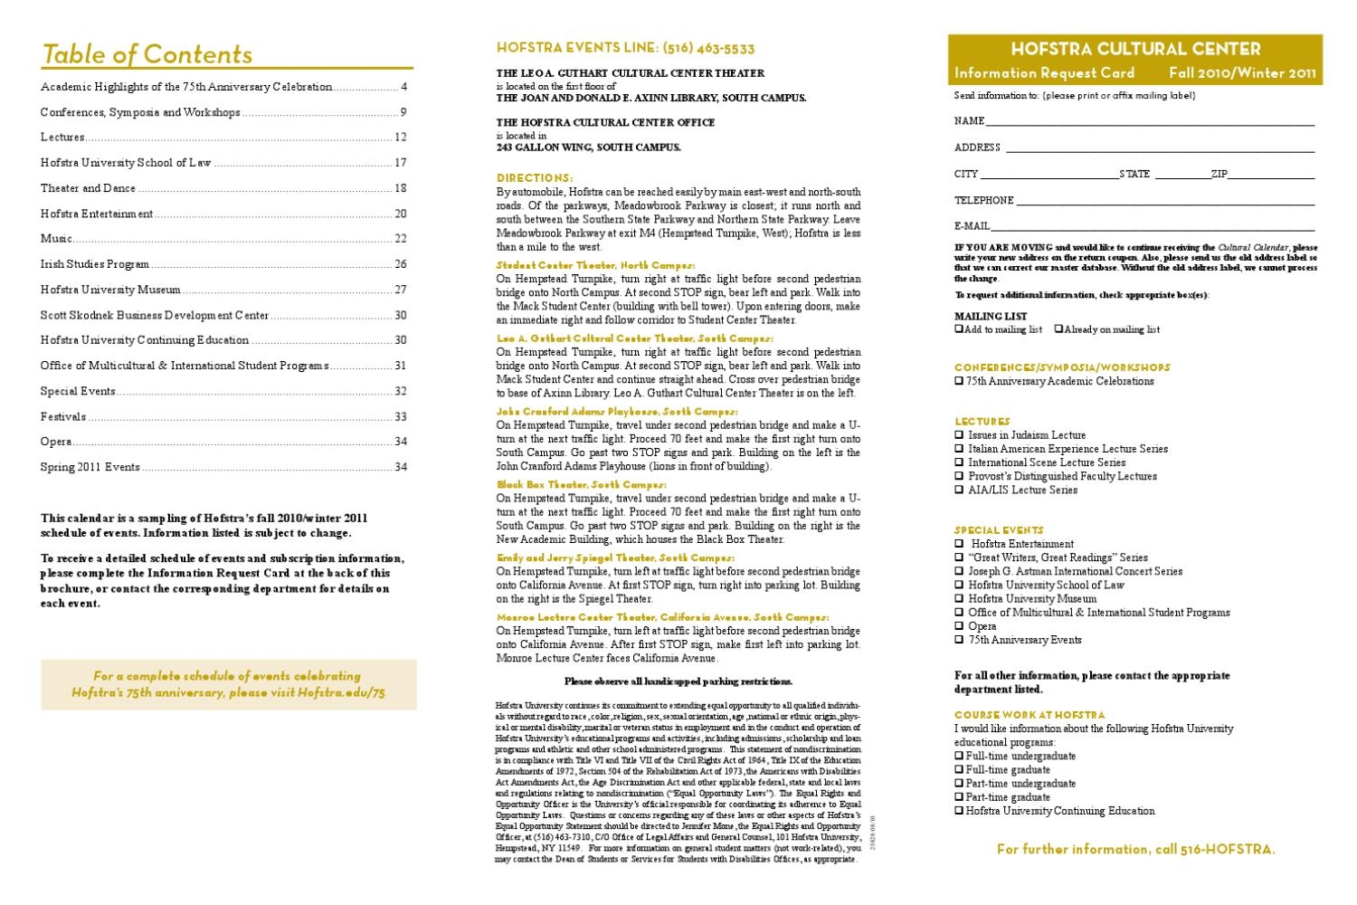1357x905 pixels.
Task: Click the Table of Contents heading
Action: pos(147,54)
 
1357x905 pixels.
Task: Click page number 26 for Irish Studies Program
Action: pos(401,264)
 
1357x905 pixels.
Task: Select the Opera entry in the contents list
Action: pos(56,442)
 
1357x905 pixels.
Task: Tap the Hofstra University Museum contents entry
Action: pos(110,290)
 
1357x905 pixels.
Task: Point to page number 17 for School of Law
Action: pos(401,163)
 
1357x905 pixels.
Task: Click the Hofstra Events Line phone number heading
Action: pos(625,48)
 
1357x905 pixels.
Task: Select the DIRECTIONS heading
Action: pos(535,178)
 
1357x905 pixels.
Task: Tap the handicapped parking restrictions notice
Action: pos(678,681)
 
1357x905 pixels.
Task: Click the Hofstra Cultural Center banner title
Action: pos(1135,49)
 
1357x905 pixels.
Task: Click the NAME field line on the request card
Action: pos(1149,121)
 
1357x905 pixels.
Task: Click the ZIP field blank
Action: pos(1271,175)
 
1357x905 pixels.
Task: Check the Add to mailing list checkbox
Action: pos(959,329)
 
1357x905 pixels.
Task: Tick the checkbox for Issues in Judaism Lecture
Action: pos(959,435)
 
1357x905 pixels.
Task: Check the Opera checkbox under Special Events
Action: pos(959,626)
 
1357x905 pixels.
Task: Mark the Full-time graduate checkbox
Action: pos(959,770)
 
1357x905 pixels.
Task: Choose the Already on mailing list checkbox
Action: pos(1058,329)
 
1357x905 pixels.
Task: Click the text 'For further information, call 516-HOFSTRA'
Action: pos(1135,849)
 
